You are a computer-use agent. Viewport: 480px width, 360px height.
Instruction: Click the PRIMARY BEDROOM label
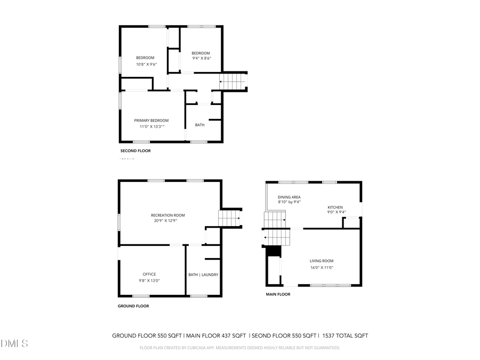151,121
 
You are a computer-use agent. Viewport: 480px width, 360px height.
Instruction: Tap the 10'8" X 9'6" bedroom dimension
145,64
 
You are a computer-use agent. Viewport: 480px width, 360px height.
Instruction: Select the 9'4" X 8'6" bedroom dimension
201,58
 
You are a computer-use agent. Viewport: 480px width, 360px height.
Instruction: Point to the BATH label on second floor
199,125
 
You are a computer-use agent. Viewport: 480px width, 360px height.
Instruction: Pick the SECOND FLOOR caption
135,151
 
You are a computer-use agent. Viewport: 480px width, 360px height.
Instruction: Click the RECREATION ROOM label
167,215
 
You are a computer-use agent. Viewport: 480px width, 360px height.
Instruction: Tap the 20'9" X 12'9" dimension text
165,220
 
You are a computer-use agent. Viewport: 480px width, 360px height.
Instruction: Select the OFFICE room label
149,274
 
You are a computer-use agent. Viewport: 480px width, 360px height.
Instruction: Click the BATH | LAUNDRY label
203,275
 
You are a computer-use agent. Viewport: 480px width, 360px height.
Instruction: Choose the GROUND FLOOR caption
133,306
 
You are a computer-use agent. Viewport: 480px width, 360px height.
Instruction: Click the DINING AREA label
289,197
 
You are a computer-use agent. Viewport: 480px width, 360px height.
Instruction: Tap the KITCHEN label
335,207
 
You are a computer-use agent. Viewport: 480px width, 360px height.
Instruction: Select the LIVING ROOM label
322,261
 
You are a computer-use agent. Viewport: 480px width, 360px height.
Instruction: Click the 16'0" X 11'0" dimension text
322,267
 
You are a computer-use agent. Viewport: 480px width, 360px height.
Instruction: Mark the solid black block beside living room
273,251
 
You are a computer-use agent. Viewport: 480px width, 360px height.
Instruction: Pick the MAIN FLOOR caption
278,294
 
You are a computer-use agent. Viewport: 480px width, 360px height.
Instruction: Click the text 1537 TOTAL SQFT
345,336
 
